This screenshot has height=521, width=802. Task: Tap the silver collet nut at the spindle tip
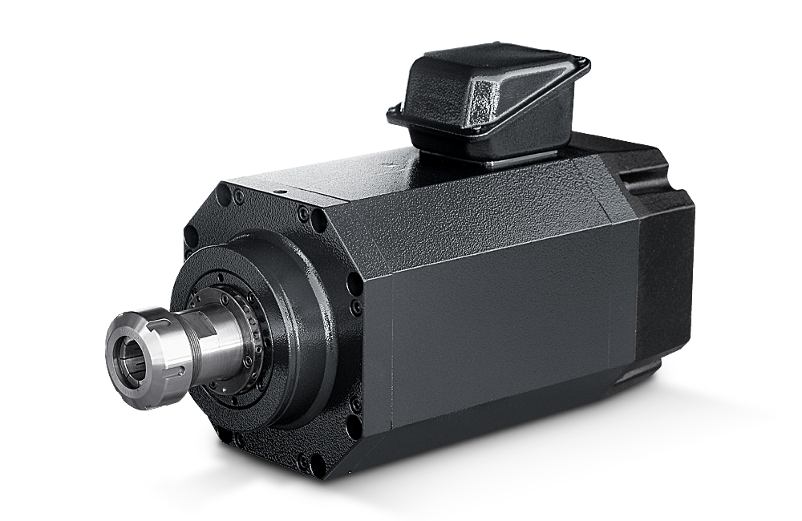coord(148,353)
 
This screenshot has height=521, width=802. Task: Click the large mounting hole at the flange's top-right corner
coord(302,215)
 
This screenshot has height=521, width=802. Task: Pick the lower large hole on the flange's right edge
coord(354,401)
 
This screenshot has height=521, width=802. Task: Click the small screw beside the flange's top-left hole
coord(238,195)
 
